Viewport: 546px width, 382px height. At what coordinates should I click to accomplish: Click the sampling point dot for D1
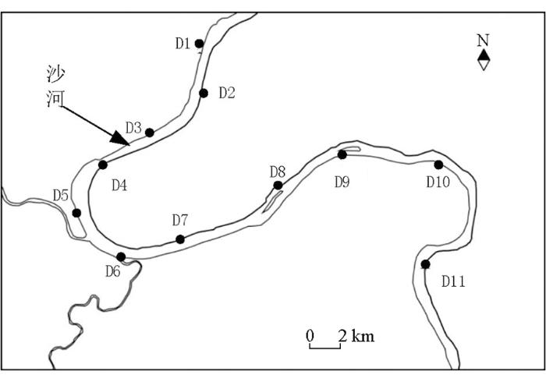[x=199, y=44]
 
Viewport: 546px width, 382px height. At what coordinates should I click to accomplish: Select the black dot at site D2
[x=204, y=94]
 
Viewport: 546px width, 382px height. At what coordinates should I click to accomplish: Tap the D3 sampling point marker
[x=150, y=133]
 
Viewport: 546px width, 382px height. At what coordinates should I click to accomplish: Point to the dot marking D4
[x=103, y=165]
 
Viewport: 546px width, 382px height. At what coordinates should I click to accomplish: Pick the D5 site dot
[x=76, y=213]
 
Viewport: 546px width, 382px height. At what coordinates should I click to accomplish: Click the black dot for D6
[x=121, y=257]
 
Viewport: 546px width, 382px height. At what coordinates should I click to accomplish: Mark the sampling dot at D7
[x=180, y=239]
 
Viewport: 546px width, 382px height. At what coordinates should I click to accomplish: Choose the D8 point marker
[x=278, y=186]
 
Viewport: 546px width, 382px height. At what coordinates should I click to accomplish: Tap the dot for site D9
[x=342, y=155]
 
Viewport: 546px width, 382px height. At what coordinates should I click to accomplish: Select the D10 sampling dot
[x=438, y=165]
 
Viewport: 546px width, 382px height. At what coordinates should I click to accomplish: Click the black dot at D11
[x=425, y=264]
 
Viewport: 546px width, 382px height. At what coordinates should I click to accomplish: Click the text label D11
[x=453, y=281]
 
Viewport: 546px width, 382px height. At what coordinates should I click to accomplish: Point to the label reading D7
[x=180, y=220]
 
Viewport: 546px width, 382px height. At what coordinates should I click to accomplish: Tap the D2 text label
[x=227, y=93]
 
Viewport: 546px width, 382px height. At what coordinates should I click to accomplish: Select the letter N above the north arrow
[x=483, y=41]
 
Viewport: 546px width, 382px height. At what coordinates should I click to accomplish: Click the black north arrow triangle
[x=484, y=55]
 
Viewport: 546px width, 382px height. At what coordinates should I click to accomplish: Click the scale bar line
[x=325, y=348]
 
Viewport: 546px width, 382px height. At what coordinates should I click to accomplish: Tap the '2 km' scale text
[x=356, y=336]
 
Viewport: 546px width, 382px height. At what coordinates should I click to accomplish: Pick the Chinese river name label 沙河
[x=55, y=87]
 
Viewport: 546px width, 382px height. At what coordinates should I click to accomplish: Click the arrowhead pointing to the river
[x=120, y=139]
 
